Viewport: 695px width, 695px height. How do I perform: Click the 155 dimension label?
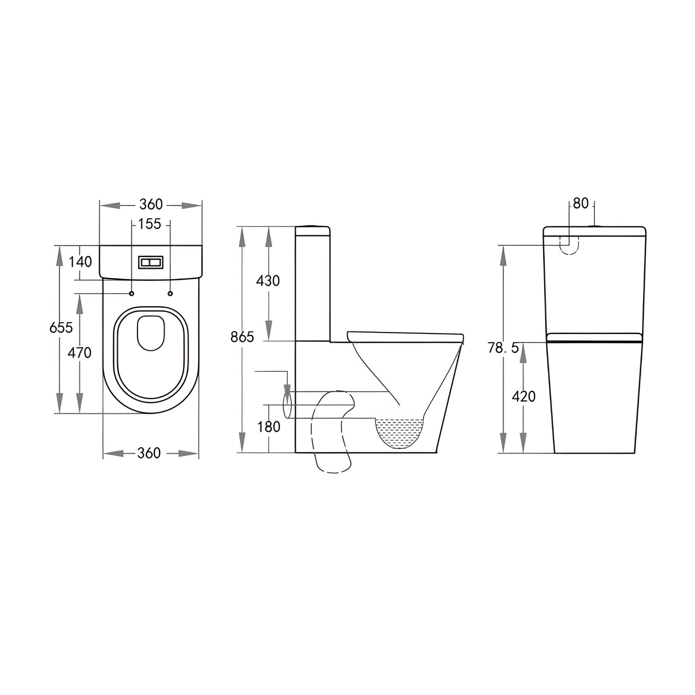150,224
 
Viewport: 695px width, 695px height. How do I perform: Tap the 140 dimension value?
80,262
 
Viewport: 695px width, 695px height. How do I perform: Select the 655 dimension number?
61,327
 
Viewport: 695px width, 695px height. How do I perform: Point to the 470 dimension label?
79,353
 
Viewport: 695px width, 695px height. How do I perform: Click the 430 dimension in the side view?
268,281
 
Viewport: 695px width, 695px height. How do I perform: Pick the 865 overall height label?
242,337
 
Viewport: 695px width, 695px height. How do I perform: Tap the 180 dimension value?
268,427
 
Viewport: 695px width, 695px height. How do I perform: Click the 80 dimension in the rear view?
581,204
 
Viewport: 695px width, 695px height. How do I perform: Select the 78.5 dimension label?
503,348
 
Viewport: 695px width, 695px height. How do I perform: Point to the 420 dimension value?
523,396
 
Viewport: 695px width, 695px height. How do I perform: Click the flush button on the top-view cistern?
151,262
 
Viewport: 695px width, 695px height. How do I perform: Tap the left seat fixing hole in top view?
131,294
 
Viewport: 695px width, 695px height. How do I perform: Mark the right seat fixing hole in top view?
170,294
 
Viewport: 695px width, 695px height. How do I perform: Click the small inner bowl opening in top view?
151,333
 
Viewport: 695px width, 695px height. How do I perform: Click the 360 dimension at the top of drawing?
151,204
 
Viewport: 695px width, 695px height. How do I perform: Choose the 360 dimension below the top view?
149,453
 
